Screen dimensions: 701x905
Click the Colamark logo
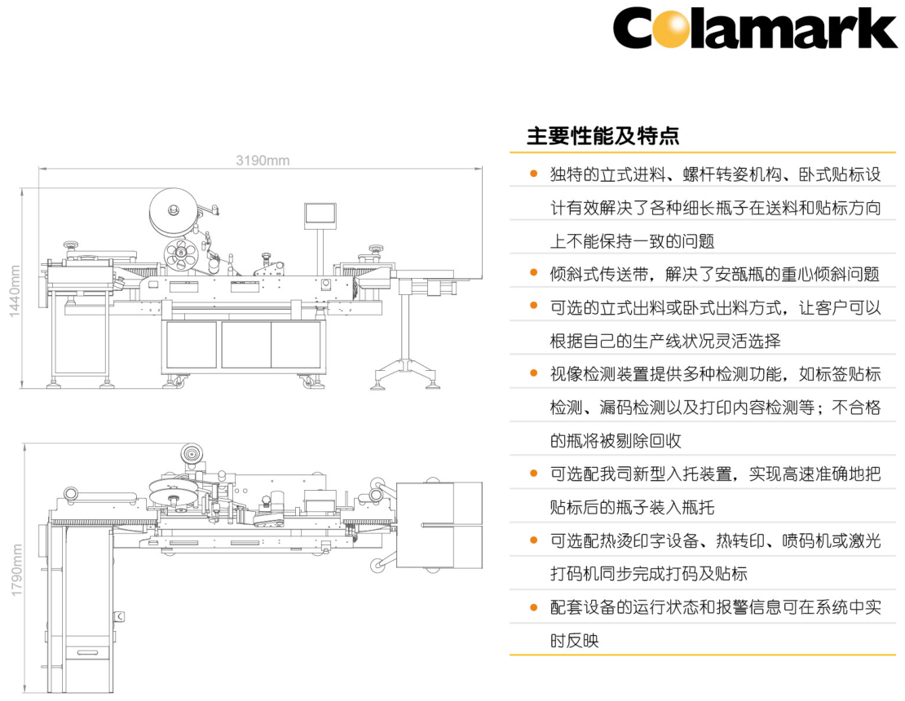point(754,29)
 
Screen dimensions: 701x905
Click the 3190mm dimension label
point(263,160)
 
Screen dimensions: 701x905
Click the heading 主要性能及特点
point(603,135)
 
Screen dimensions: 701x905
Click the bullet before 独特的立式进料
point(533,174)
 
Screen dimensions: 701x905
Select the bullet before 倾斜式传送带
point(533,274)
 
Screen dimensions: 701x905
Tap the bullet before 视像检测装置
point(533,374)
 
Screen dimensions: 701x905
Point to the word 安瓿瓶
point(739,274)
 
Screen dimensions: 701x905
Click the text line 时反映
point(574,641)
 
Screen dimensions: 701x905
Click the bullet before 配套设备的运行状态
point(533,607)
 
